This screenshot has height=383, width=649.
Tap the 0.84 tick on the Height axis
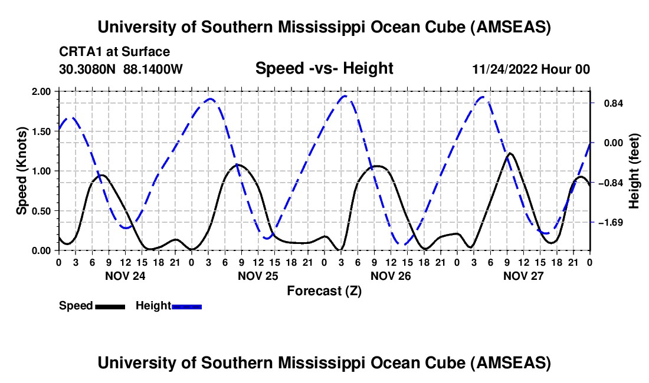coord(609,104)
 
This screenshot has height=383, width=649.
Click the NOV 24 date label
coord(124,275)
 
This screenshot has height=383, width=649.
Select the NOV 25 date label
coord(257,275)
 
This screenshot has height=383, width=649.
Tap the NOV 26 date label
coord(390,275)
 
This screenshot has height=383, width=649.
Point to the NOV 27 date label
coord(523,275)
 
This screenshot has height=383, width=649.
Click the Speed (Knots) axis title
coord(22,171)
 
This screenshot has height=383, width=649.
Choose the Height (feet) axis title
coord(634,171)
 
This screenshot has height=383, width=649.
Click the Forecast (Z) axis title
coord(324,290)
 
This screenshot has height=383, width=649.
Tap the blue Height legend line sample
coord(187,306)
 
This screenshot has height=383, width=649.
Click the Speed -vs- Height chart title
coord(324,68)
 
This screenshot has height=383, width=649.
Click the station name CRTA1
coord(77,52)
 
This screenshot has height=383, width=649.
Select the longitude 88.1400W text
coord(153,69)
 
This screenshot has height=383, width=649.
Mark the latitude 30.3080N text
coord(88,69)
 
